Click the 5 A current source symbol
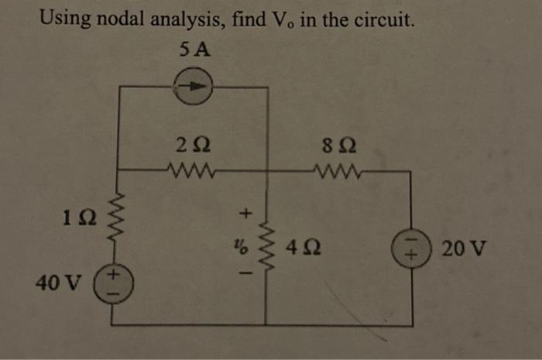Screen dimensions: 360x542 pos(194,88)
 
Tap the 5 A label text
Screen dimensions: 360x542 pos(194,50)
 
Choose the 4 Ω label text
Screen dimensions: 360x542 pos(299,249)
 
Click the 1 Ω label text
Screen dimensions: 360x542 pos(81,220)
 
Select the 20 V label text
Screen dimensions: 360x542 pos(465,249)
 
